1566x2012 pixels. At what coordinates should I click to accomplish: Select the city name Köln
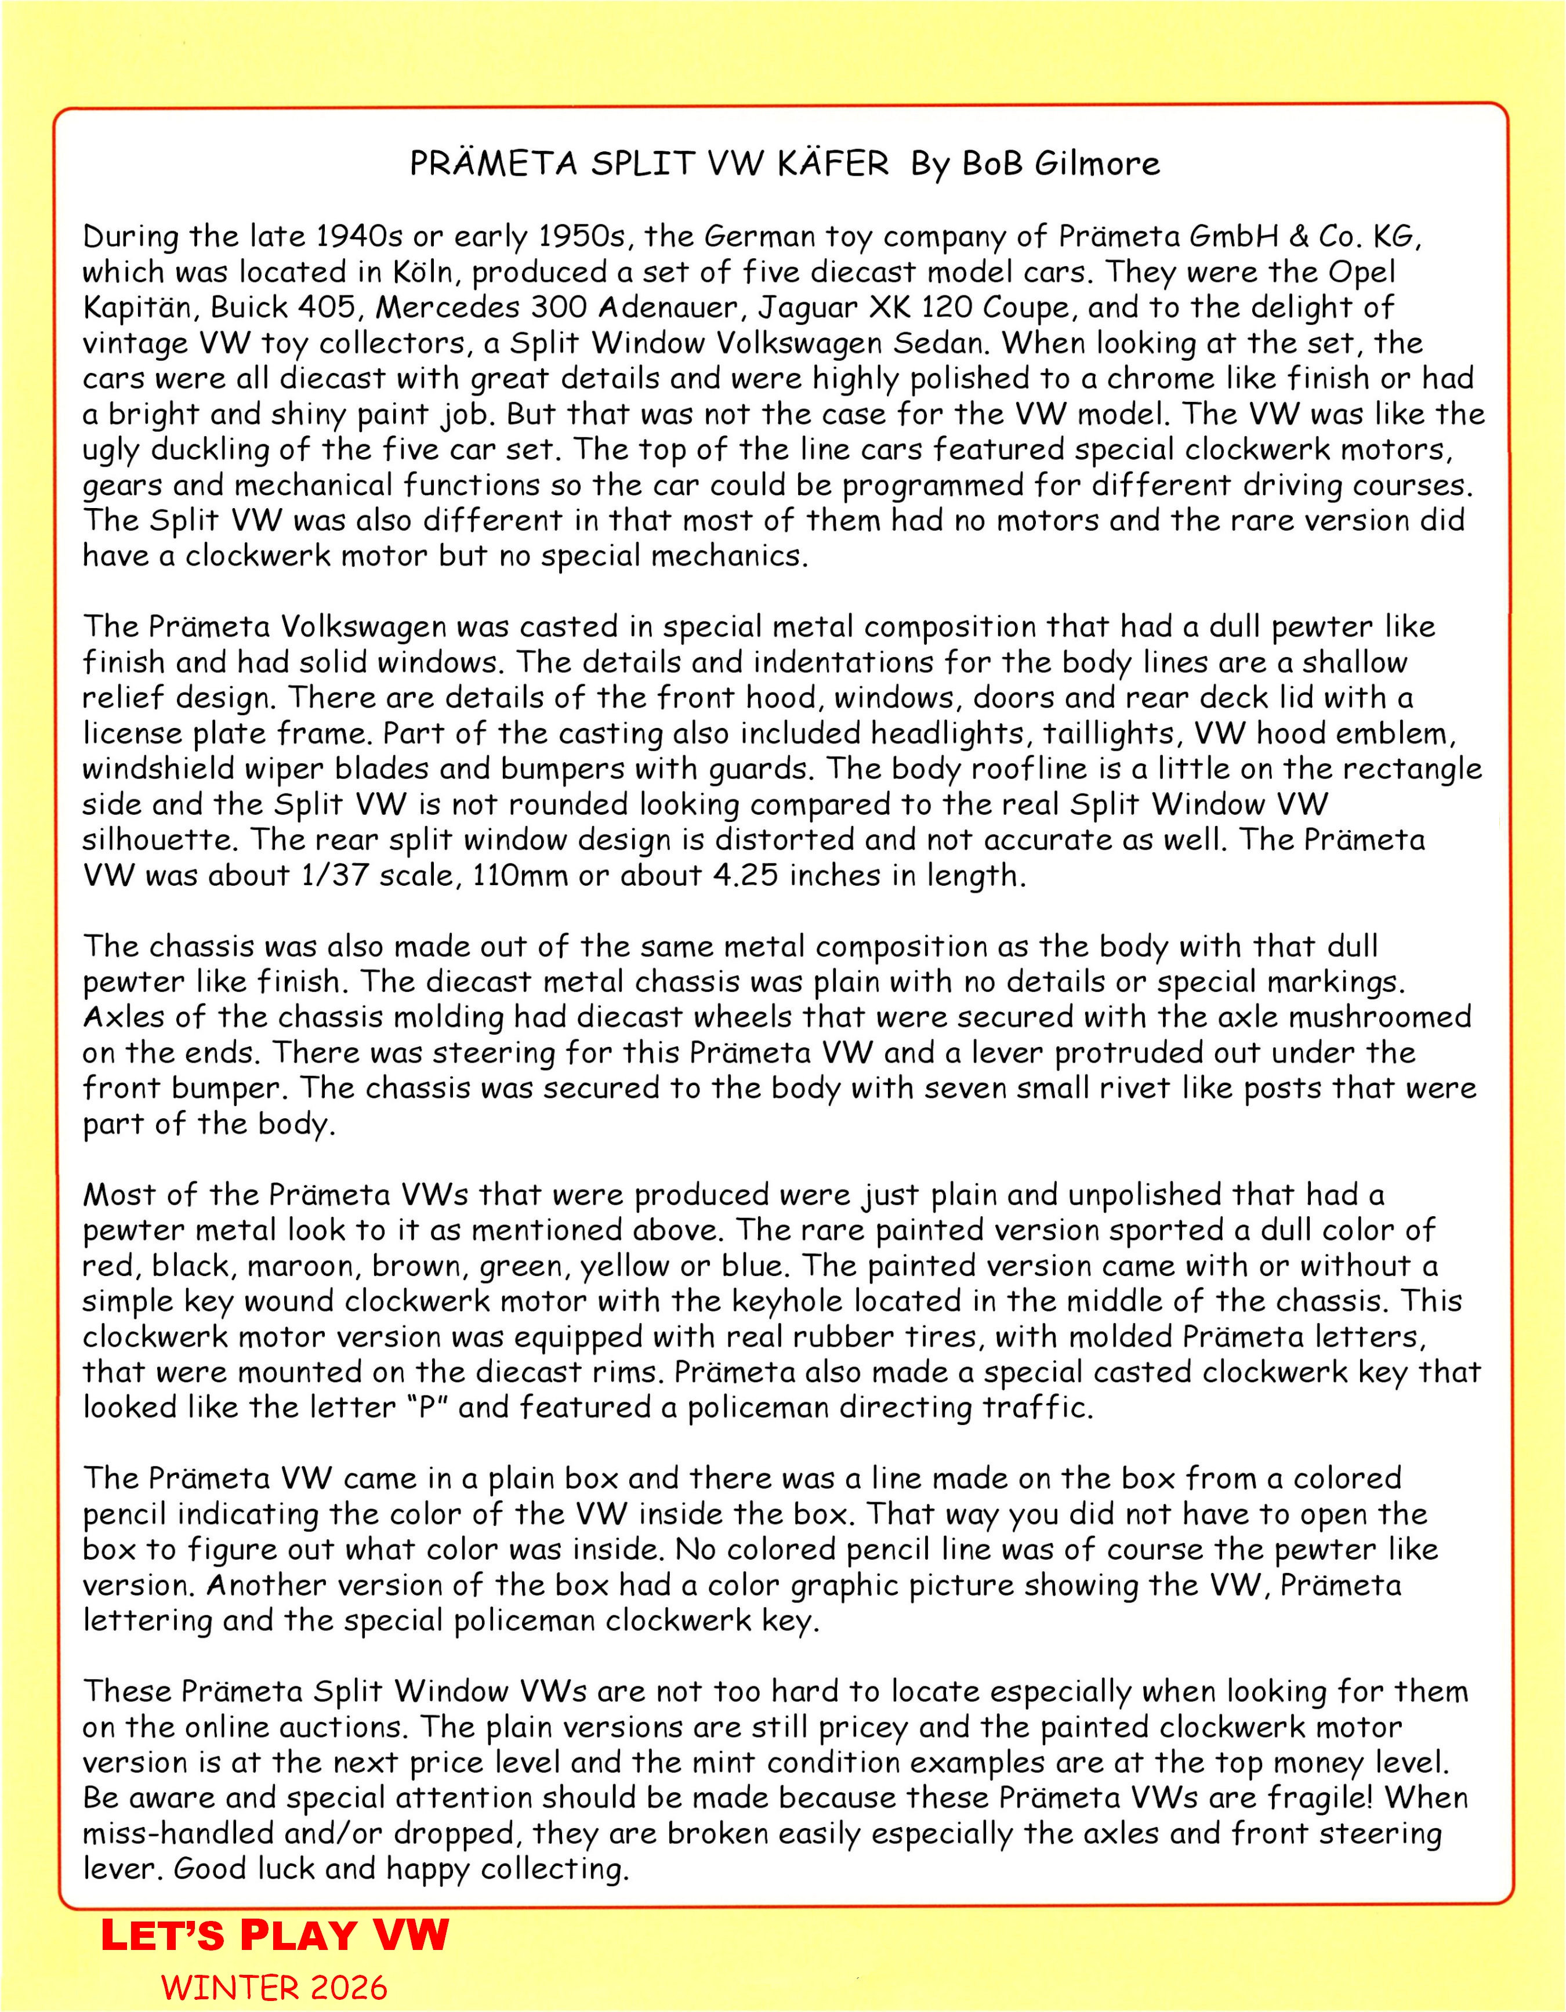coord(423,272)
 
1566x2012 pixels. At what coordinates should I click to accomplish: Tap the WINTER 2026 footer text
coord(274,1987)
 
